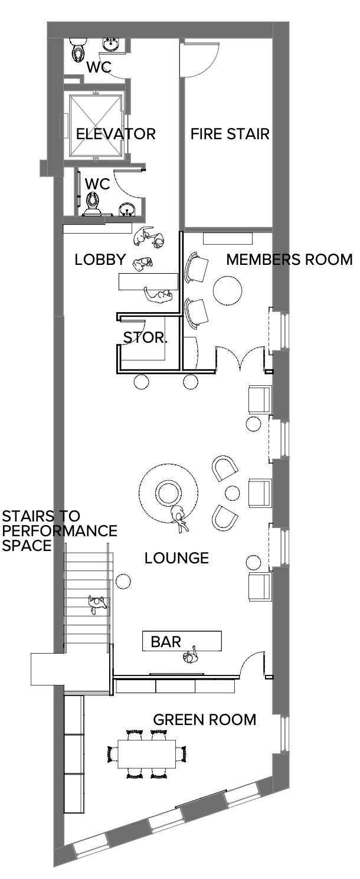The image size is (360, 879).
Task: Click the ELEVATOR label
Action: click(116, 134)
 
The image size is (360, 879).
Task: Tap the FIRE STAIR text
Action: click(230, 134)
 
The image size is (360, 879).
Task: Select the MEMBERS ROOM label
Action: click(289, 260)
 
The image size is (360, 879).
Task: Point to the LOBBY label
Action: click(100, 260)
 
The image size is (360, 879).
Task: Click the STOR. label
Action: click(145, 337)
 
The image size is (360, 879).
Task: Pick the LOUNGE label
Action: click(176, 558)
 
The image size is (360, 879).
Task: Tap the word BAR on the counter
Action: click(166, 642)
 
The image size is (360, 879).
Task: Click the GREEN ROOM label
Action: click(205, 720)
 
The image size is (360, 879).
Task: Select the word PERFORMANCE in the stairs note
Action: click(60, 531)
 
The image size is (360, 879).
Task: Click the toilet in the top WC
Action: click(77, 50)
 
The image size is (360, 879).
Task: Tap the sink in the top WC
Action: click(112, 44)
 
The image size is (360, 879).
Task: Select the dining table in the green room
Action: click(147, 754)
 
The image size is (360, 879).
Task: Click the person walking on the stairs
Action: click(97, 605)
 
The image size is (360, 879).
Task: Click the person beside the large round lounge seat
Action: click(179, 519)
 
